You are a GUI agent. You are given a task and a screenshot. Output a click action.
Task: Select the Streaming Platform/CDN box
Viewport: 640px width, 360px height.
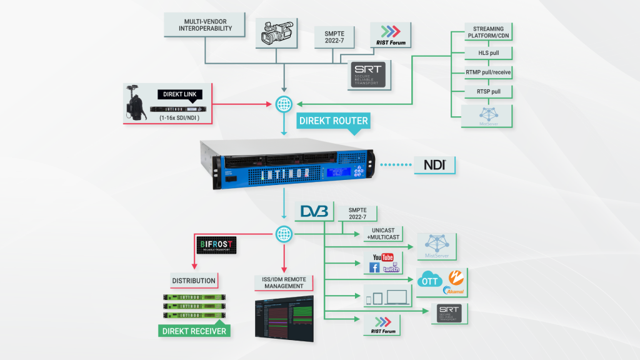(x=489, y=32)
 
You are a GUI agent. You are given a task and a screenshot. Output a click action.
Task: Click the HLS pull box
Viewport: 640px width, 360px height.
(x=489, y=52)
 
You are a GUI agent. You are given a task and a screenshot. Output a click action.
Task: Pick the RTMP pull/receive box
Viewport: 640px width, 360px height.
(x=489, y=72)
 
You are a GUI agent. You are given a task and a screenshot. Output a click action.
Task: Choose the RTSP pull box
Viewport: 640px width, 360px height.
(x=489, y=92)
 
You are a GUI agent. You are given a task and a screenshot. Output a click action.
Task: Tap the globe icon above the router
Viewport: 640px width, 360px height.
(x=285, y=102)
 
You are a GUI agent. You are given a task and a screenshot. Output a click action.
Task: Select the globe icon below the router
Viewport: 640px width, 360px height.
(x=285, y=235)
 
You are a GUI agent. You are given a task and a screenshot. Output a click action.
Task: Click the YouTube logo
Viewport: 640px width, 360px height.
(x=382, y=257)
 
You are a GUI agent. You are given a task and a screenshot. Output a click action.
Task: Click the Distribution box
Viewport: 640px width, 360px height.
(x=194, y=281)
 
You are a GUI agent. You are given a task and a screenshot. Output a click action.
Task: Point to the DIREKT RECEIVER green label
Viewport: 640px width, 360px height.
(x=194, y=331)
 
